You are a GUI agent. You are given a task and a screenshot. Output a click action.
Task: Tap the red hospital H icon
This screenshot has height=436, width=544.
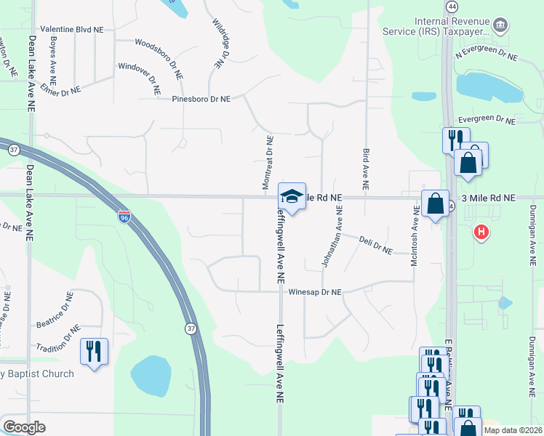tap(480, 233)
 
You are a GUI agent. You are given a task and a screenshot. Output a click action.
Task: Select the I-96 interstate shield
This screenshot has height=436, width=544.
tap(124, 217)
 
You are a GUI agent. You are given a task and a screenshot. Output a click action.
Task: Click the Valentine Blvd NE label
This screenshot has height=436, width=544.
tap(72, 30)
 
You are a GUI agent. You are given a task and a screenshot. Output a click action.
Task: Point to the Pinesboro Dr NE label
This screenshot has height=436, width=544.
tap(201, 99)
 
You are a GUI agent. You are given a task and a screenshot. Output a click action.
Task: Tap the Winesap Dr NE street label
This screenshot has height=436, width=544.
tap(315, 292)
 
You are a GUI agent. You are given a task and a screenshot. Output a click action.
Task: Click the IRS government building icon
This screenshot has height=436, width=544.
tap(500, 26)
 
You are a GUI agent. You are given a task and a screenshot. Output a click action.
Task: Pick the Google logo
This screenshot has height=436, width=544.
tap(25, 427)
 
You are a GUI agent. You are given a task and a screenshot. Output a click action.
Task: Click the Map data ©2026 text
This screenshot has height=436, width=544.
tap(512, 430)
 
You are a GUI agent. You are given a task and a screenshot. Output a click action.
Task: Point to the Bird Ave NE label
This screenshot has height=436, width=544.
tap(365, 163)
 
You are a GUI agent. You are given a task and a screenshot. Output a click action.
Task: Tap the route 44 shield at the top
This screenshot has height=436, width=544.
tap(452, 6)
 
